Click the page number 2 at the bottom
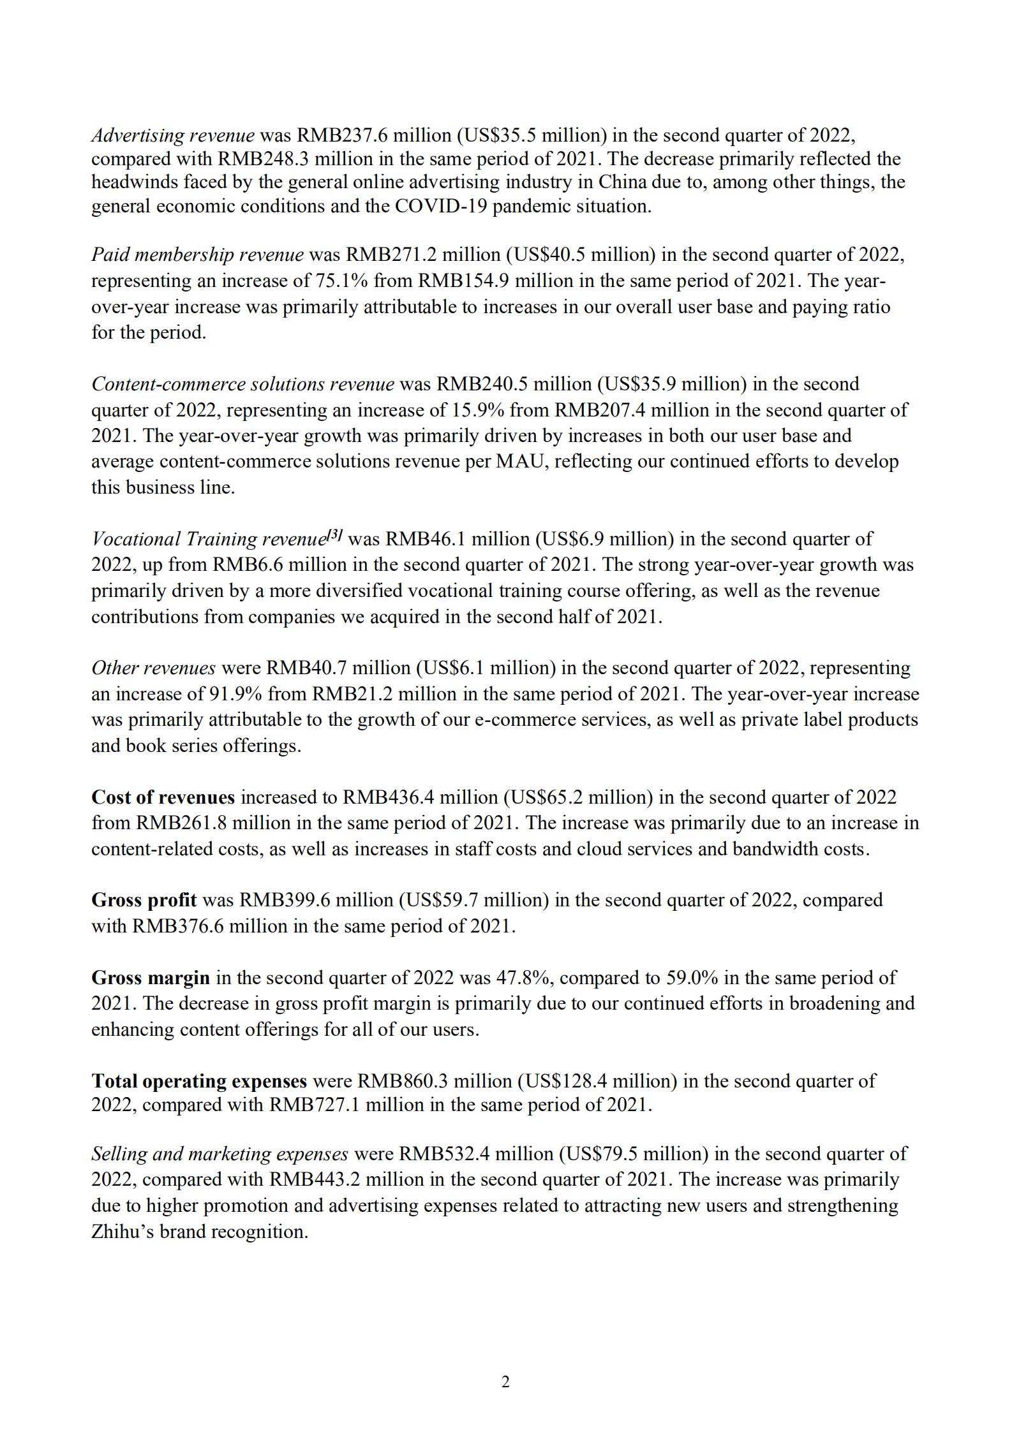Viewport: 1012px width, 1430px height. point(505,1382)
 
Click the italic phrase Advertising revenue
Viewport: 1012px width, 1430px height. point(173,135)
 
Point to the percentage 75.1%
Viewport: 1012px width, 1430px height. point(341,281)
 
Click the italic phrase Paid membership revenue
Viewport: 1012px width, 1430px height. point(197,254)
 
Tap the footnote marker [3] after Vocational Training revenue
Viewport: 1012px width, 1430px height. point(335,535)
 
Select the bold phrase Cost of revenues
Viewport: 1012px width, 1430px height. point(163,797)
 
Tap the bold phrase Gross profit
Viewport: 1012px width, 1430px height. point(144,900)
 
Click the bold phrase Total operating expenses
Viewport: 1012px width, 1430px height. point(199,1081)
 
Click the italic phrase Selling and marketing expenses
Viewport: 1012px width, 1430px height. point(220,1154)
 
